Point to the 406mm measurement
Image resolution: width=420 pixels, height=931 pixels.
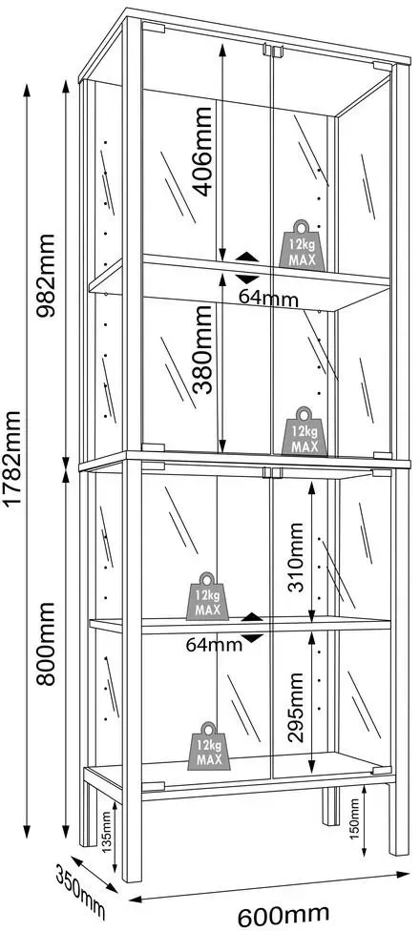coord(203,152)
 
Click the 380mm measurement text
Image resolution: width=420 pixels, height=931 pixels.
coord(203,350)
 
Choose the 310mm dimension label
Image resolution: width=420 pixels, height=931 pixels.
coord(295,557)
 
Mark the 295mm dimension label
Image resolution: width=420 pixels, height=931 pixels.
coord(295,707)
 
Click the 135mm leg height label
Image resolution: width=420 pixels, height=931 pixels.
coord(106,828)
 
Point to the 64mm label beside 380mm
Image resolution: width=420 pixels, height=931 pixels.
coord(268,298)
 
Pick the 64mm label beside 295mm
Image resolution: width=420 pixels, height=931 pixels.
coord(214,644)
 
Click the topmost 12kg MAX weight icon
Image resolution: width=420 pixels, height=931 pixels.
coord(303,245)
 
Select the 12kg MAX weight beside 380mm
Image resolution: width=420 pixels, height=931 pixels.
coord(304,432)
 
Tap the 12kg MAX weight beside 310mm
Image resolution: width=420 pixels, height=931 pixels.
coord(207,597)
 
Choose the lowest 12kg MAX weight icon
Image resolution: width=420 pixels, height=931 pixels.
coord(209,746)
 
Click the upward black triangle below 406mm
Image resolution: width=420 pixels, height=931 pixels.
coord(247,258)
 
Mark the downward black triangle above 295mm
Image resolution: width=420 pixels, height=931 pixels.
coord(254,638)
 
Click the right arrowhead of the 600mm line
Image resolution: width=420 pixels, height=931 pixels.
coord(404,874)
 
